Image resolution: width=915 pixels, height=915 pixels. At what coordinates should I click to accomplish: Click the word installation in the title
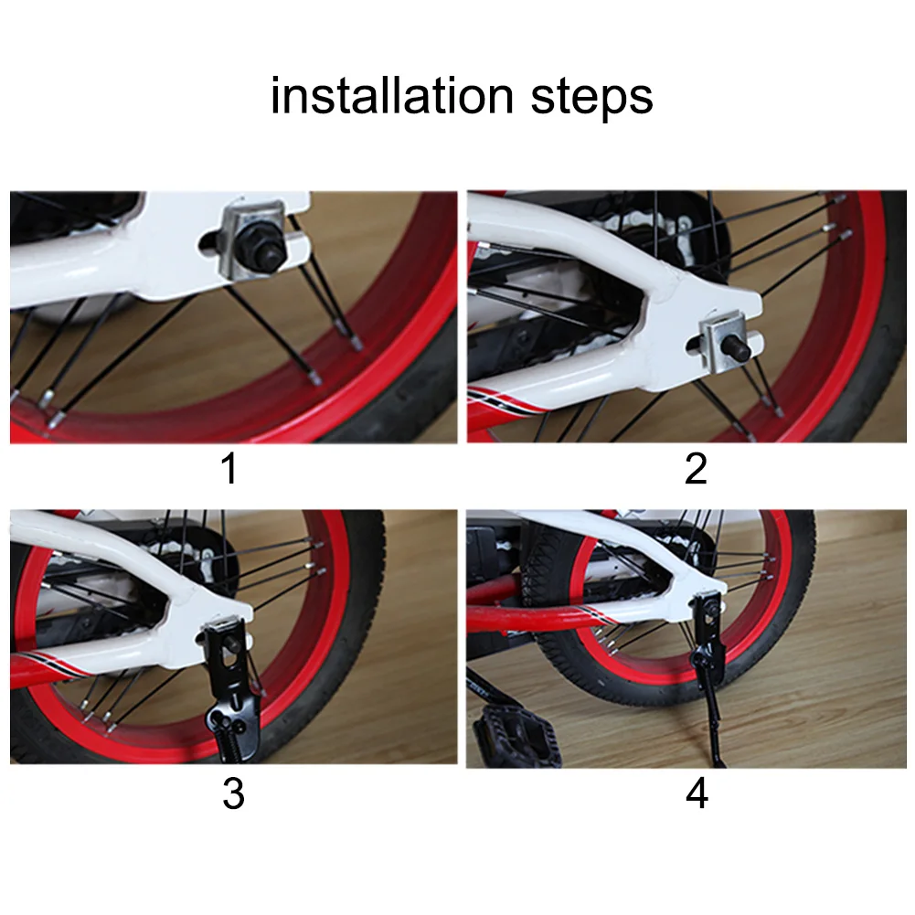[x=392, y=95]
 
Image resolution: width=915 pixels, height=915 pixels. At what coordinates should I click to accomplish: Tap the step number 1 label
[x=230, y=468]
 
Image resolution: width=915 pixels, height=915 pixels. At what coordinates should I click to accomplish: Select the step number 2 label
[x=696, y=468]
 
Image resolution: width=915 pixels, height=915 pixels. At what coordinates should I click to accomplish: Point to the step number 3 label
[x=233, y=793]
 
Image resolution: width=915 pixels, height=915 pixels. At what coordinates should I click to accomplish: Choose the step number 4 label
[x=697, y=793]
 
